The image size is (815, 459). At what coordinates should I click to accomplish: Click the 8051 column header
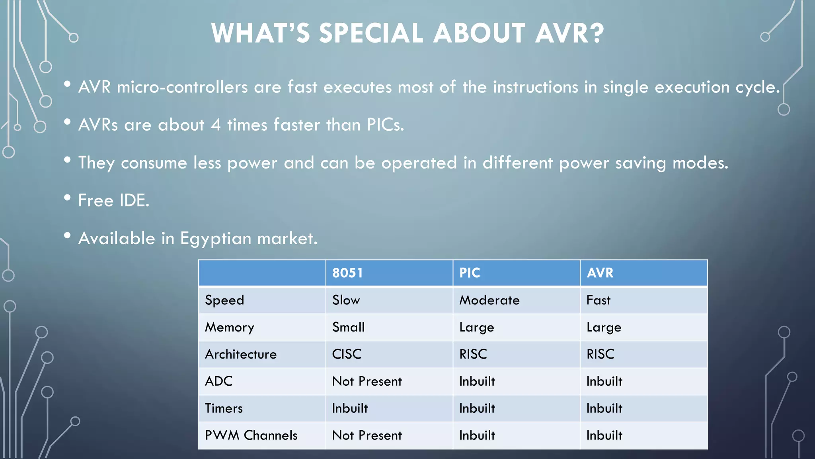coord(347,273)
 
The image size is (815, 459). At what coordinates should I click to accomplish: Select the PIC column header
coord(470,273)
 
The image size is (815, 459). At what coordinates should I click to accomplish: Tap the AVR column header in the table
coord(600,273)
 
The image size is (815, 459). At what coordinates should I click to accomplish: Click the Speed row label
coord(224,300)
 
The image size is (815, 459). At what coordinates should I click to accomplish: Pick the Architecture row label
coord(241,354)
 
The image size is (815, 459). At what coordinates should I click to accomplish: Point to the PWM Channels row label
coord(251,435)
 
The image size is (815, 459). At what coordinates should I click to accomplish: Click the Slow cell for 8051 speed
coord(346,300)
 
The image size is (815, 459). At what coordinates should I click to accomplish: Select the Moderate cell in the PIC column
coord(489,300)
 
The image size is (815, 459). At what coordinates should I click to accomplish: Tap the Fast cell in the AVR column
coord(598,300)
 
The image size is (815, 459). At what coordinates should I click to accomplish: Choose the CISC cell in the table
coord(347,354)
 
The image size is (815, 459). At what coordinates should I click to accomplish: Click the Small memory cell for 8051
coord(348,327)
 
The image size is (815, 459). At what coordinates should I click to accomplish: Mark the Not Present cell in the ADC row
coord(367,381)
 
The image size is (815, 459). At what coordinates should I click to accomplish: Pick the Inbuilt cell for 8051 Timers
coord(350,408)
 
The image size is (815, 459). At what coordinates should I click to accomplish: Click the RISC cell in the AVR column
coord(600,354)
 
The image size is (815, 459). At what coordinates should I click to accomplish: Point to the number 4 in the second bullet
coord(216,125)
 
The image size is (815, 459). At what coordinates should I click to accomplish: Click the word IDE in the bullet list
coord(134,200)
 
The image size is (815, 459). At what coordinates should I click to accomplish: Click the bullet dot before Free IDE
coord(67,198)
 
